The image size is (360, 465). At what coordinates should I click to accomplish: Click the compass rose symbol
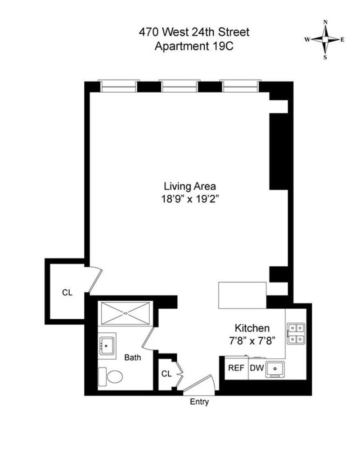click(x=325, y=39)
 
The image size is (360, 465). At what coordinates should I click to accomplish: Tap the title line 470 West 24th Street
click(x=193, y=32)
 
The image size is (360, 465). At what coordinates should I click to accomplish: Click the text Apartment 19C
click(x=193, y=46)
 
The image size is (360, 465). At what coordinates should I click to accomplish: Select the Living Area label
click(x=189, y=186)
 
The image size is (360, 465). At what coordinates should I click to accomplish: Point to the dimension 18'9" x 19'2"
click(x=189, y=198)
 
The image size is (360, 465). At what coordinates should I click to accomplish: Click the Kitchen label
click(x=252, y=328)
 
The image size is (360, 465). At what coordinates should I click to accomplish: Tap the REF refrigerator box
click(x=236, y=368)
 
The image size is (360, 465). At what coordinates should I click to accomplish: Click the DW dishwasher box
click(x=256, y=368)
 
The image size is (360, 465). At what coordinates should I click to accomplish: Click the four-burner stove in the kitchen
click(x=296, y=333)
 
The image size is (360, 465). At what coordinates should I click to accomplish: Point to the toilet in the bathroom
click(x=110, y=375)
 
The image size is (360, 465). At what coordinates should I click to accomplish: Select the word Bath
click(x=133, y=358)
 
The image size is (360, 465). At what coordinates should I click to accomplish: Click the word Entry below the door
click(x=199, y=402)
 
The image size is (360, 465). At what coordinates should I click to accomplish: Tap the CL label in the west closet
click(x=67, y=292)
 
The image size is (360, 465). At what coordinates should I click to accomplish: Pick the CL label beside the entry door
click(x=166, y=374)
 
